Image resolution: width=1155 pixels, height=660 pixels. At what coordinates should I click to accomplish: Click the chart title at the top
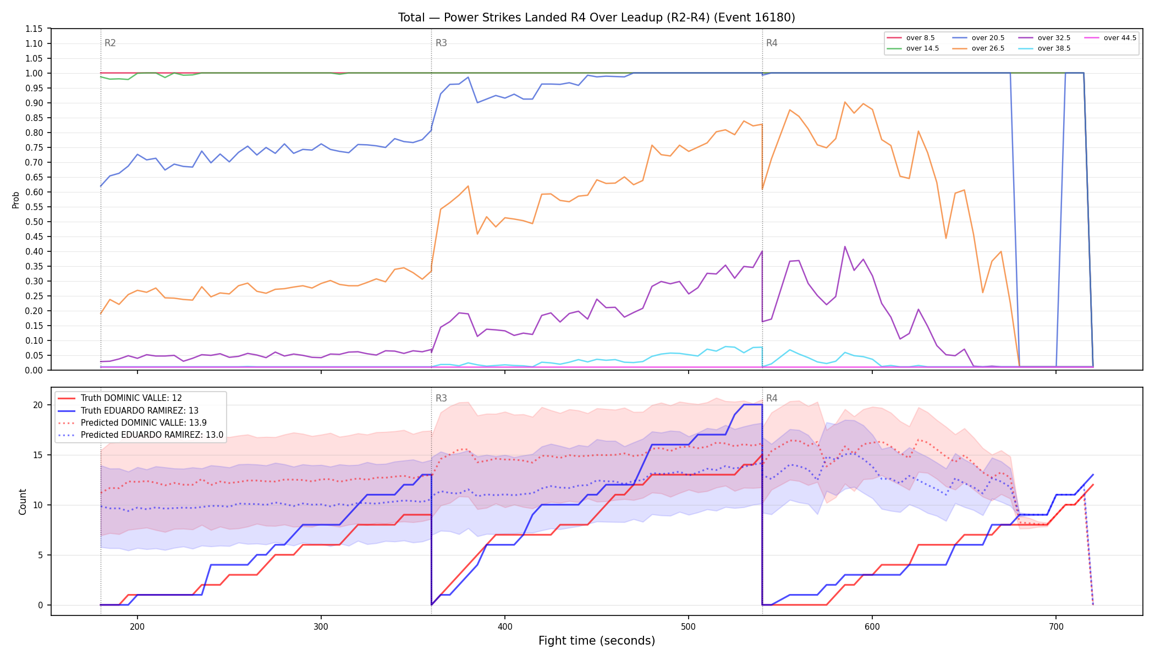pos(597,18)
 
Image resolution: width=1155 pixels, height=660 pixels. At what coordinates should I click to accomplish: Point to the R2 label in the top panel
pos(110,43)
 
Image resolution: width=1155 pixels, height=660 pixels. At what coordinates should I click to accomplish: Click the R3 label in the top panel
pos(441,43)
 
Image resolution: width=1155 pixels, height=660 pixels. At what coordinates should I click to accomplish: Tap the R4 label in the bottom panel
pos(772,398)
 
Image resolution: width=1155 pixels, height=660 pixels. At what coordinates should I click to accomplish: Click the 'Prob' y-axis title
pos(16,200)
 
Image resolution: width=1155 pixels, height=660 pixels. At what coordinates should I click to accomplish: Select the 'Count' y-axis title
pos(23,502)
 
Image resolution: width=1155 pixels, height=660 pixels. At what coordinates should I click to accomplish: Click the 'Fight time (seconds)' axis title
pos(597,641)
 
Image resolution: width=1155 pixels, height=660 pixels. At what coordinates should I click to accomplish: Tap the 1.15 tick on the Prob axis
pos(35,29)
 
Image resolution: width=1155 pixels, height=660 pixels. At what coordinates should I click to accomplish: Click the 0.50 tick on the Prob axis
pos(35,222)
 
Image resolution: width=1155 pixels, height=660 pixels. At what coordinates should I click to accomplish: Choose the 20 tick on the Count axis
pos(38,405)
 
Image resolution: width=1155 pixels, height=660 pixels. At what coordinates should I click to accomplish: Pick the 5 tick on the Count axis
pos(41,555)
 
